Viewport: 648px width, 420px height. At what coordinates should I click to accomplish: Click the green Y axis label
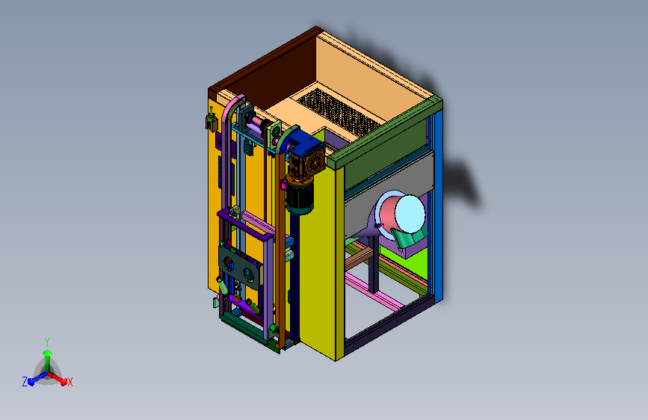click(47, 342)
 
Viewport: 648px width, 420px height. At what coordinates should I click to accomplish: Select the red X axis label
click(70, 382)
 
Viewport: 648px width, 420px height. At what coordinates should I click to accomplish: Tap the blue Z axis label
click(25, 382)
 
